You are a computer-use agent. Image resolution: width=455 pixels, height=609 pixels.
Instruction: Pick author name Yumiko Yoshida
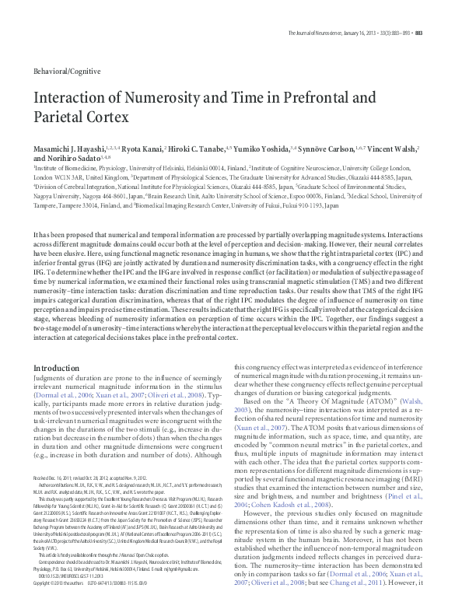269,147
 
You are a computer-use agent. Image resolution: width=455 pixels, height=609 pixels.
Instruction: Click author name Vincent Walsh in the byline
396,147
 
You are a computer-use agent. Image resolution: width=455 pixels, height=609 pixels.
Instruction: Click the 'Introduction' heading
57,368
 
